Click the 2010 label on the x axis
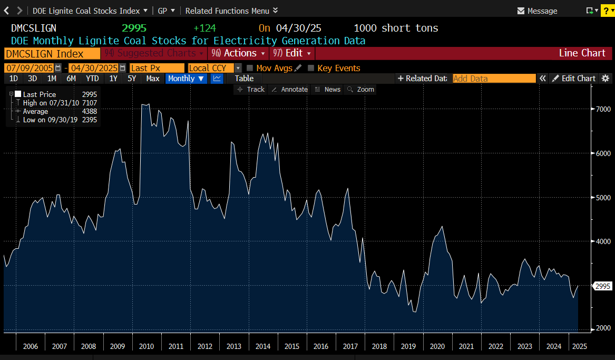click(x=147, y=346)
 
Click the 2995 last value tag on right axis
click(x=602, y=286)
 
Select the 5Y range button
click(x=132, y=79)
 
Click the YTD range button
click(x=92, y=79)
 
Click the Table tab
click(x=244, y=79)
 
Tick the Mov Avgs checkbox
click(x=250, y=68)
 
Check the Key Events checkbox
click(x=311, y=68)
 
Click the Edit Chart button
click(x=573, y=79)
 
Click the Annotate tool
click(x=289, y=90)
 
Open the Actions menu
click(x=238, y=53)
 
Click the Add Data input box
click(x=494, y=79)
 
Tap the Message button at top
click(x=537, y=11)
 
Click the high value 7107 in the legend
click(x=90, y=103)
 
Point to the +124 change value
click(x=204, y=28)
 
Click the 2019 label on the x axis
click(x=408, y=346)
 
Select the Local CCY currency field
click(x=210, y=68)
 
